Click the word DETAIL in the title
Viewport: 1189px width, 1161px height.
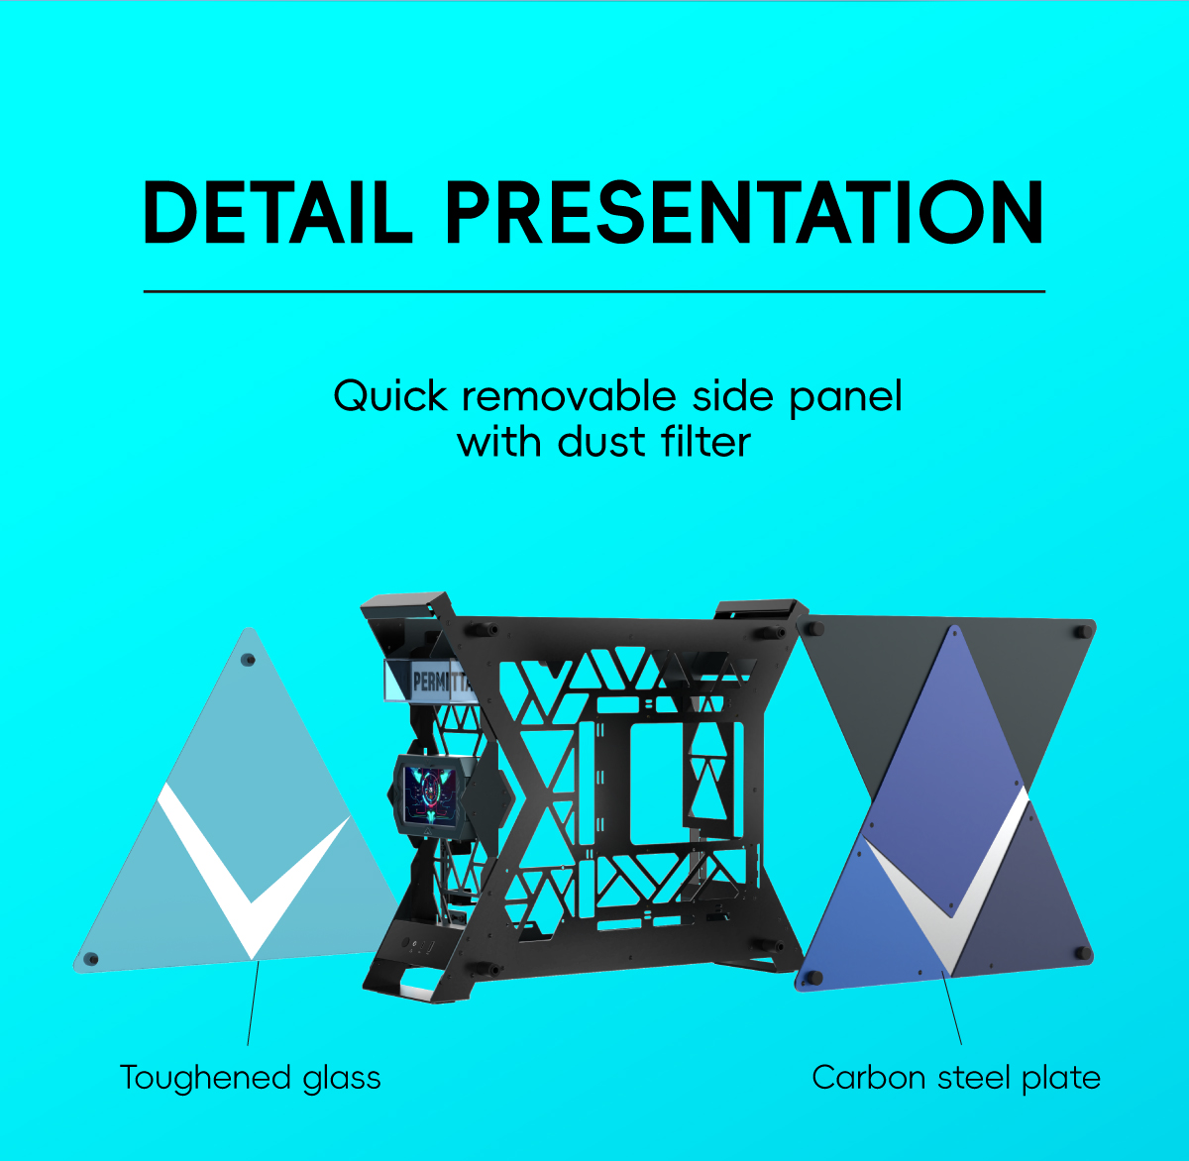coord(277,213)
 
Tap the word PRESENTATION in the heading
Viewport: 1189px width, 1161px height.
coord(744,213)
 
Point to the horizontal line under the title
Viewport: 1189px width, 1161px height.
coord(594,291)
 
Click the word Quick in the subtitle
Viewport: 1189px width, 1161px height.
coord(389,396)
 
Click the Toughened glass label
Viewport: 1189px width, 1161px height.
coord(251,1078)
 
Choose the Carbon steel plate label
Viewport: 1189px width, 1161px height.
coord(956,1078)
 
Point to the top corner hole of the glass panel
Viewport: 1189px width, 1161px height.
coord(248,660)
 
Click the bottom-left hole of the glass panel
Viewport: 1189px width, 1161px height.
coord(91,959)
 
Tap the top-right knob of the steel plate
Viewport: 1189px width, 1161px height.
coord(1082,631)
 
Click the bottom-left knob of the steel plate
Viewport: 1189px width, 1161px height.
coord(813,978)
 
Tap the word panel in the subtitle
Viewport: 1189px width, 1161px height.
coord(845,397)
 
